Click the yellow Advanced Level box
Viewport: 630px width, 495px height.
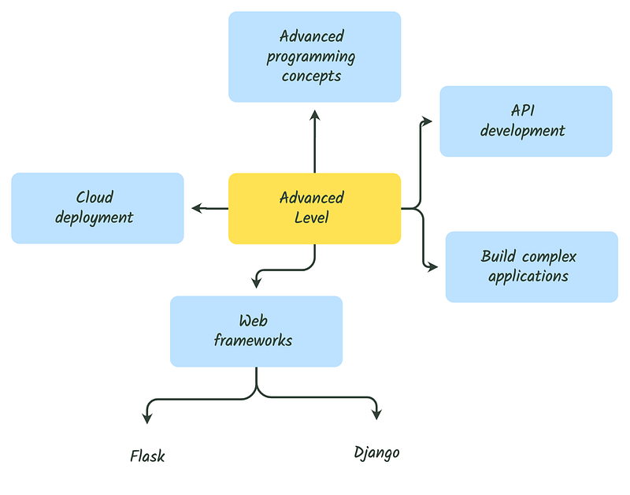click(x=314, y=208)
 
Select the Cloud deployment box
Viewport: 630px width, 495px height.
click(x=98, y=208)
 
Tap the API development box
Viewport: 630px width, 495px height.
click(x=525, y=121)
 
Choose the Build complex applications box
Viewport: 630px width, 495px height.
click(x=532, y=266)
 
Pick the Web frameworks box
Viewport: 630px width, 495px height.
click(x=256, y=331)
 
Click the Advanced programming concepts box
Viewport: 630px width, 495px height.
click(x=314, y=57)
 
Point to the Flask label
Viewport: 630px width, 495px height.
click(x=147, y=456)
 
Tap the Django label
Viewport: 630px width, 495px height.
click(x=376, y=452)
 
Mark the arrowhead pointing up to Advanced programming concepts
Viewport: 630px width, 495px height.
click(x=315, y=115)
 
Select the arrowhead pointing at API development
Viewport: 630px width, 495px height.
click(x=428, y=121)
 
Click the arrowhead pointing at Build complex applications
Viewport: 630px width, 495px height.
click(x=432, y=267)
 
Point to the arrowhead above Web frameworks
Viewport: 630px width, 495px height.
click(x=257, y=282)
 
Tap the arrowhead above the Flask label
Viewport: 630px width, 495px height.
click(x=146, y=415)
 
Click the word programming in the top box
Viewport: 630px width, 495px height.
click(x=310, y=57)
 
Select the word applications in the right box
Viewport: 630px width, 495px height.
click(x=528, y=276)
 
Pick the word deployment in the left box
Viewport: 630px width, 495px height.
click(x=94, y=218)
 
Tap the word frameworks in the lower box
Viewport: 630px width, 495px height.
click(x=253, y=341)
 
